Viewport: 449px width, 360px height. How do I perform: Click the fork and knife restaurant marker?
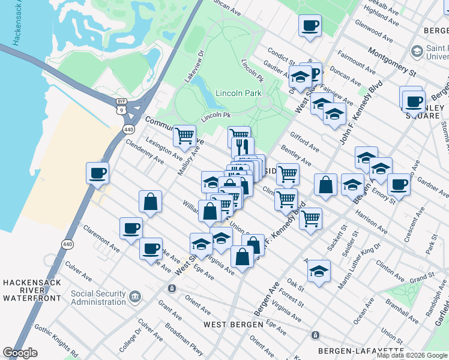click(x=243, y=147)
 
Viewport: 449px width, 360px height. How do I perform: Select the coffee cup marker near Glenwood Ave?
click(x=310, y=26)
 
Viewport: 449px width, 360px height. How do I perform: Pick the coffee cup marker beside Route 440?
click(x=97, y=174)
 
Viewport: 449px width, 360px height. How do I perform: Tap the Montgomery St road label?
click(x=393, y=61)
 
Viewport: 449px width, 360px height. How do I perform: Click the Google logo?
click(x=20, y=353)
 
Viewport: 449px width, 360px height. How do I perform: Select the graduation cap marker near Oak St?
click(x=319, y=271)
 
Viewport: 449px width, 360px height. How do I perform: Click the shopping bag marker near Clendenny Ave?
click(x=150, y=202)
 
